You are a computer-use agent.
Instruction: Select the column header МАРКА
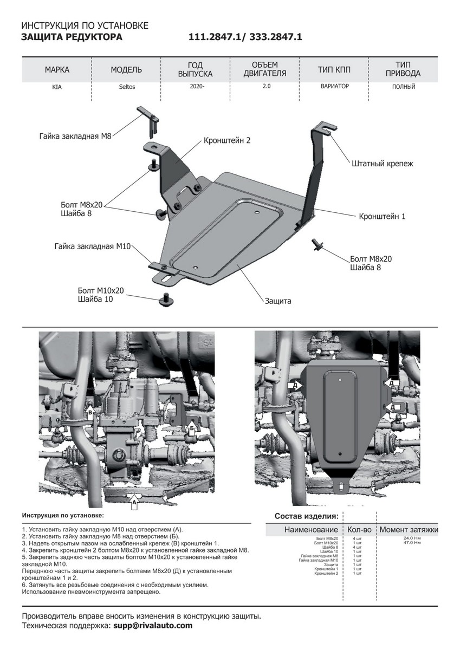pyautogui.click(x=57, y=70)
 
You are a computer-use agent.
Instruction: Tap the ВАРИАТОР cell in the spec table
pyautogui.click(x=334, y=86)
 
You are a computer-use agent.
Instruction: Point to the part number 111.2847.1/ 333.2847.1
pyautogui.click(x=245, y=37)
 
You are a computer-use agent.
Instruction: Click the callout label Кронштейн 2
pyautogui.click(x=227, y=140)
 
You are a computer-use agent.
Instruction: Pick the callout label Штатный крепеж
pyautogui.click(x=382, y=162)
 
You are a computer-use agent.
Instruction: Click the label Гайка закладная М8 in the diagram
pyautogui.click(x=75, y=136)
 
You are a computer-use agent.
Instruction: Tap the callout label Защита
pyautogui.click(x=278, y=301)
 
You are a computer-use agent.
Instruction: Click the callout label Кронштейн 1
pyautogui.click(x=382, y=216)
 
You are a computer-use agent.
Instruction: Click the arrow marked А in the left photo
pyautogui.click(x=133, y=502)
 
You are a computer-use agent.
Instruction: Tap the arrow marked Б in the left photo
pyautogui.click(x=191, y=430)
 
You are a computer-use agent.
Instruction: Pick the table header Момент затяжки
pyautogui.click(x=409, y=529)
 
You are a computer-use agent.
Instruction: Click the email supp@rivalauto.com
pyautogui.click(x=152, y=626)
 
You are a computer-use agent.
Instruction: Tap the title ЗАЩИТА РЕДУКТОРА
pyautogui.click(x=72, y=37)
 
